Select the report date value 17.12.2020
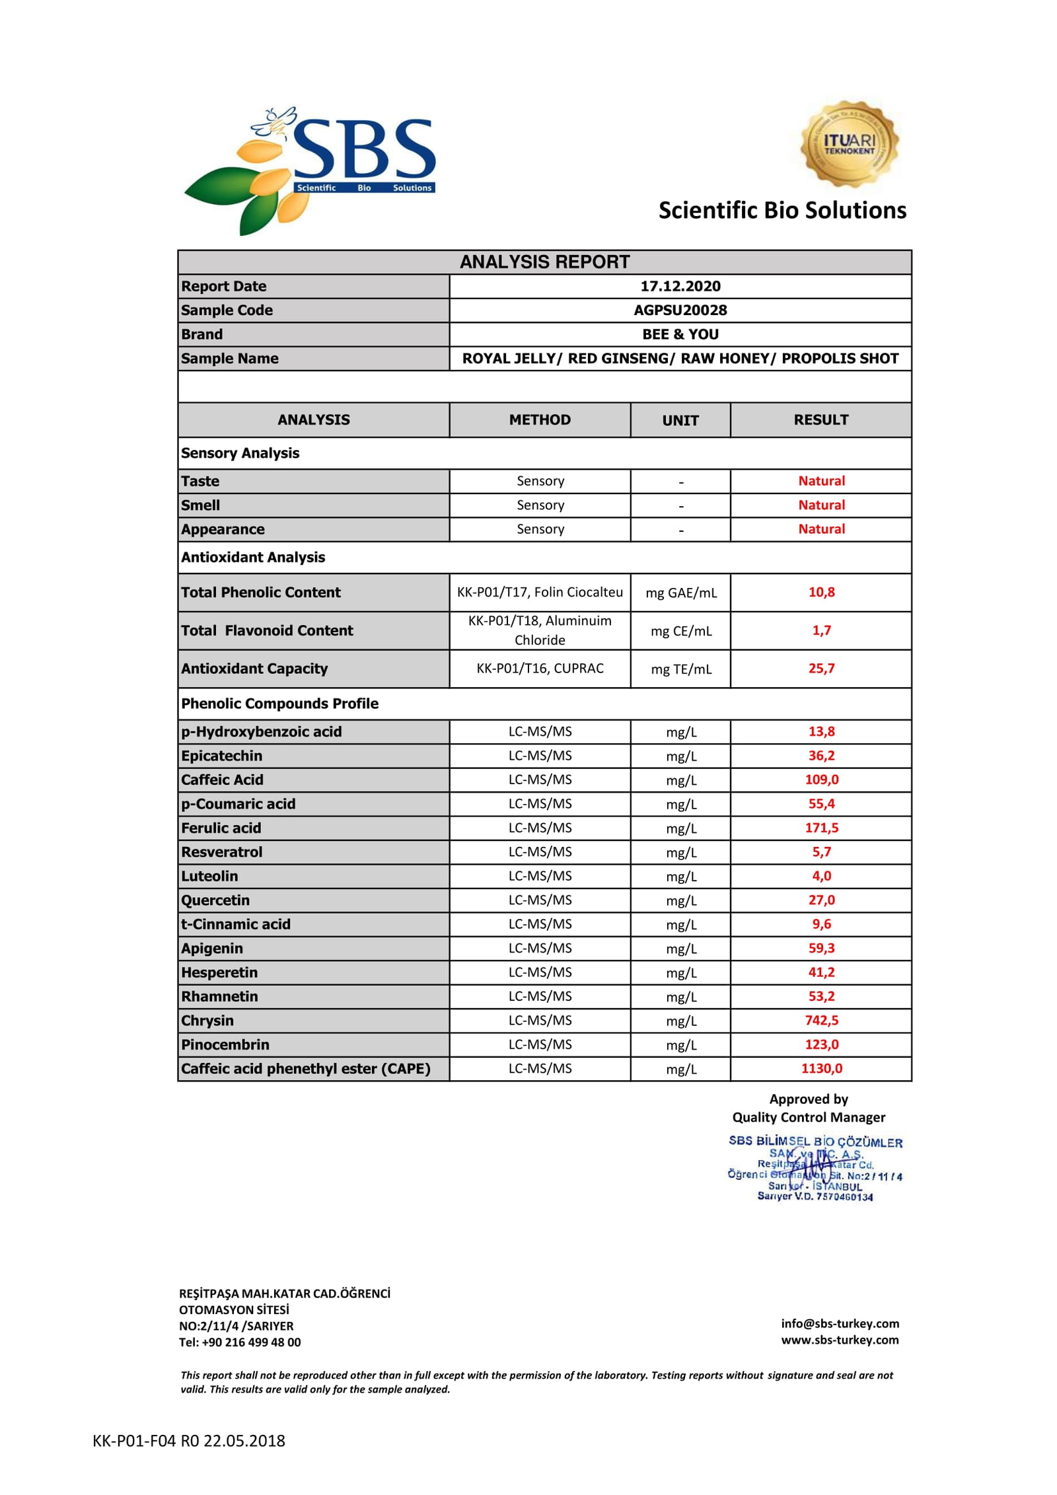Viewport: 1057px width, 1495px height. pyautogui.click(x=680, y=286)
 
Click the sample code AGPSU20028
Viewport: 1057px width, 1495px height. pyautogui.click(x=680, y=310)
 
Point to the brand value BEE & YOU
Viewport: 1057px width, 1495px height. pyautogui.click(x=680, y=334)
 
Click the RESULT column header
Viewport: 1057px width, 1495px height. pyautogui.click(x=820, y=419)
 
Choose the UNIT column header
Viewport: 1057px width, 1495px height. pyautogui.click(x=680, y=420)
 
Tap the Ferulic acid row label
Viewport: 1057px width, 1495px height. pyautogui.click(x=221, y=828)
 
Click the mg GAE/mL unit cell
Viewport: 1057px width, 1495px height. pyautogui.click(x=680, y=593)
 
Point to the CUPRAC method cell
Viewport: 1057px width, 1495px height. pyautogui.click(x=540, y=668)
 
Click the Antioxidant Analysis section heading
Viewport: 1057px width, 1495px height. pyautogui.click(x=253, y=557)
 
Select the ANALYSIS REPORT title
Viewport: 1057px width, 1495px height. pyautogui.click(x=544, y=262)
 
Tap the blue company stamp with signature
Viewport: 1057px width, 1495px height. pyautogui.click(x=815, y=1168)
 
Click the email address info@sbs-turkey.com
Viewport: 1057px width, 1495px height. pyautogui.click(x=839, y=1323)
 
